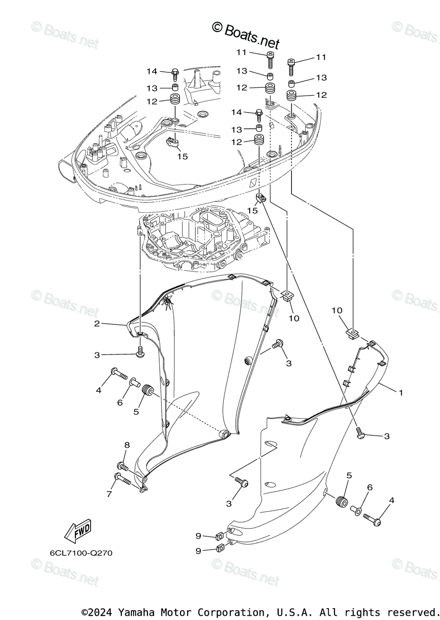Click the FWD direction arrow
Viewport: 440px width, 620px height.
[78, 529]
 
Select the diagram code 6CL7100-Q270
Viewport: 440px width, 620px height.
[81, 553]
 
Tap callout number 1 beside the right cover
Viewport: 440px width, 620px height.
[400, 393]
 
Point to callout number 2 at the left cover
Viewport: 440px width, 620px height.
[97, 324]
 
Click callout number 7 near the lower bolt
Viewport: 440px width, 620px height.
[109, 494]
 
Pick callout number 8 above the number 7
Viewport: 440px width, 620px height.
[126, 445]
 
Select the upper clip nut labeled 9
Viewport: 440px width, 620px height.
[219, 536]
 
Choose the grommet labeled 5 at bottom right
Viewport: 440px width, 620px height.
[341, 501]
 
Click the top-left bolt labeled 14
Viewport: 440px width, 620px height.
[174, 72]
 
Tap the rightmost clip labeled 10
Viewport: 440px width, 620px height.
[352, 332]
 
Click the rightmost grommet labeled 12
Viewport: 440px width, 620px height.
[292, 96]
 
